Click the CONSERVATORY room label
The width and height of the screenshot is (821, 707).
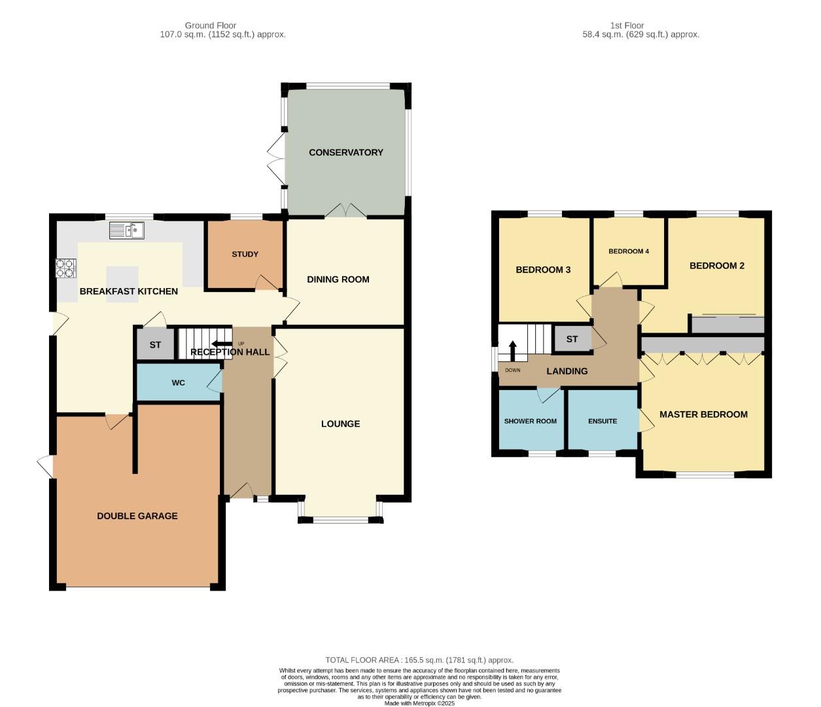click(345, 153)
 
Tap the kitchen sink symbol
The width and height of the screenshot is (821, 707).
click(127, 230)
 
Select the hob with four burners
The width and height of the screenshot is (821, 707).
click(65, 268)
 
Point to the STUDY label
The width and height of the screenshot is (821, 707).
click(245, 254)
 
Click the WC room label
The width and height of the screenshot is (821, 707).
click(178, 383)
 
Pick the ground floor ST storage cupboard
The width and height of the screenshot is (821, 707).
click(155, 344)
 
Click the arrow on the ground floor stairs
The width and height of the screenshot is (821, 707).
click(220, 344)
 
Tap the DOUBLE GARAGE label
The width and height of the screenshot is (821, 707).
click(137, 516)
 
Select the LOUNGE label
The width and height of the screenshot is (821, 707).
click(340, 424)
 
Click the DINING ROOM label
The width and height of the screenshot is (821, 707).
click(338, 280)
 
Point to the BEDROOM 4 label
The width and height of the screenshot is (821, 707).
click(628, 251)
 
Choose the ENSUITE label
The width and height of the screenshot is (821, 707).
click(602, 421)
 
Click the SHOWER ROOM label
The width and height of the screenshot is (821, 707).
click(530, 421)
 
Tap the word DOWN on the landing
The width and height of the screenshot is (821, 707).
click(512, 371)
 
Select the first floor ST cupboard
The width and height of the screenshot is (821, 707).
click(572, 339)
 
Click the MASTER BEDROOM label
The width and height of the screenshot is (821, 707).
click(703, 414)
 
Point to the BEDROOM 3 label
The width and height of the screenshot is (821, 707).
click(542, 270)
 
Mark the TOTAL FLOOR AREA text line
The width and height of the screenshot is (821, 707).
click(419, 660)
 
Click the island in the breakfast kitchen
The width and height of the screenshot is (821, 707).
click(123, 275)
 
